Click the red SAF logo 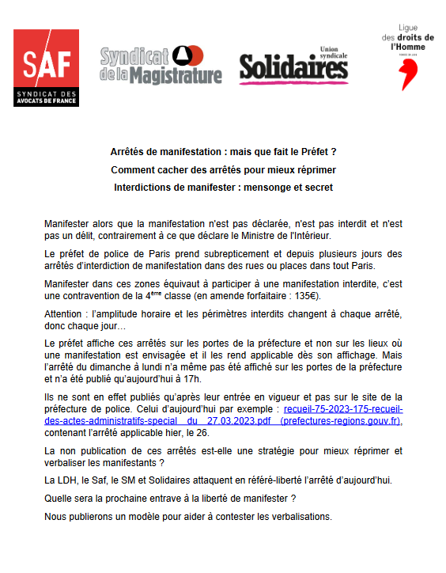pos(46,67)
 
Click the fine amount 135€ pos(295,296)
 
